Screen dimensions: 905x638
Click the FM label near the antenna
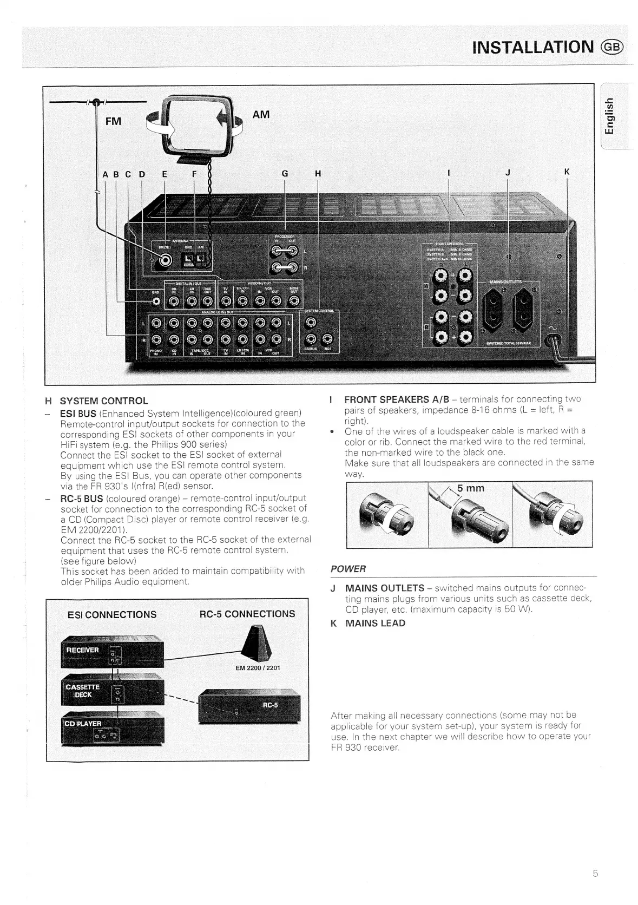113,121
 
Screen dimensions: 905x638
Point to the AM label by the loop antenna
260,114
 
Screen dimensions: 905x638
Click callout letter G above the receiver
285,173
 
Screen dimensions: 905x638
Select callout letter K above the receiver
567,172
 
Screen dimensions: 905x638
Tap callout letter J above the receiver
507,173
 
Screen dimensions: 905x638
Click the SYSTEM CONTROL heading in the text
103,401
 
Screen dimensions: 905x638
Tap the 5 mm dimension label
470,488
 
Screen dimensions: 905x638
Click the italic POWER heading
348,569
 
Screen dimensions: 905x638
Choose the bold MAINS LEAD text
375,623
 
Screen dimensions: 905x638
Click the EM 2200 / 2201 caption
258,668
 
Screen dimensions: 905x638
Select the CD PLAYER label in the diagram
83,724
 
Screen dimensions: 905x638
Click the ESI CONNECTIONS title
112,614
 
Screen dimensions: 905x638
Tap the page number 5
595,873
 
